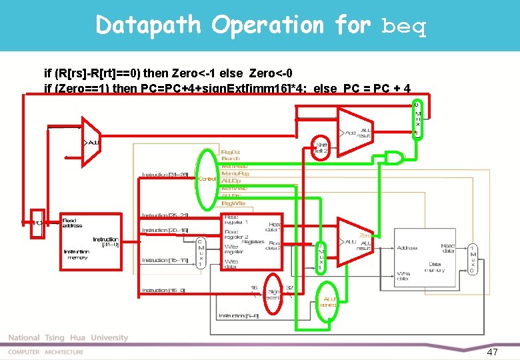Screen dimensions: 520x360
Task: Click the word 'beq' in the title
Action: (x=404, y=27)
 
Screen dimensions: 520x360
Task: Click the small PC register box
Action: (x=38, y=223)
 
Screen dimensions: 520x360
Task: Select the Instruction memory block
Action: (x=89, y=239)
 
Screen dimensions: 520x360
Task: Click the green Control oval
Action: (x=207, y=178)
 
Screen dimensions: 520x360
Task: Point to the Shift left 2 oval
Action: (x=322, y=148)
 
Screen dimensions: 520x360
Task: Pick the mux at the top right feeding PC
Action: (x=417, y=119)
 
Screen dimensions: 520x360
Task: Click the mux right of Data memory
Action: (x=472, y=259)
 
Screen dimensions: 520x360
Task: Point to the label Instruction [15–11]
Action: (x=164, y=260)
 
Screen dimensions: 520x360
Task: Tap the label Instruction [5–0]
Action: (x=239, y=315)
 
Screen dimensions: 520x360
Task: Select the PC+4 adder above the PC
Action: (x=89, y=143)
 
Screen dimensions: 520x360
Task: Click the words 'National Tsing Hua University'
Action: (x=68, y=338)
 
